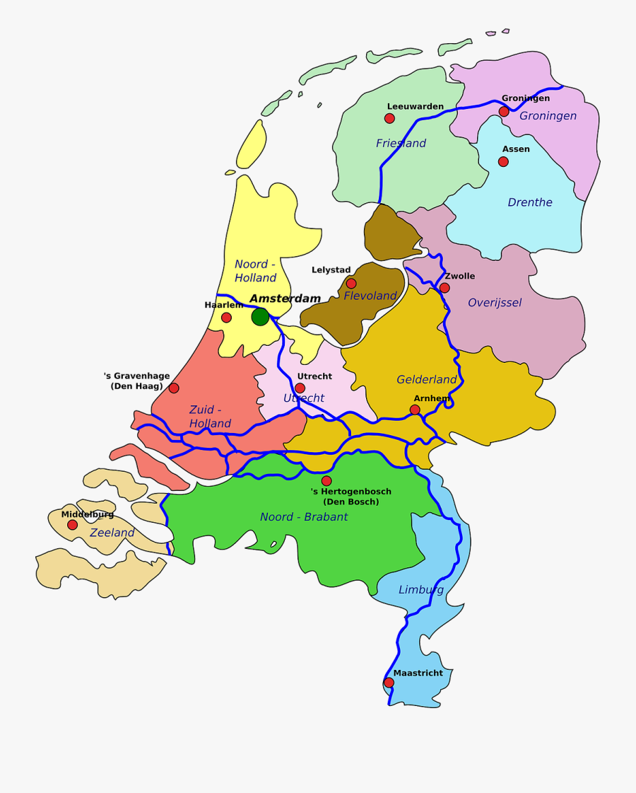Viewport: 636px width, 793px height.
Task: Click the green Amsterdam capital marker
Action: (260, 317)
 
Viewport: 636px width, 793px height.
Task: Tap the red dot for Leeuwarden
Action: (389, 118)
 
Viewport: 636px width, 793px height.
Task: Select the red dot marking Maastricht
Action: (389, 683)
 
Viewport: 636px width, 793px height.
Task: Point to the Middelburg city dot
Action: (72, 525)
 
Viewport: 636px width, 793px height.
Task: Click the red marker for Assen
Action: (503, 161)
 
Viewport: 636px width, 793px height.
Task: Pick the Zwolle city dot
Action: (444, 288)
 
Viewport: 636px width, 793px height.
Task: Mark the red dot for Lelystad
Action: (351, 283)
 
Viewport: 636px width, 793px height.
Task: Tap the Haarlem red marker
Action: (226, 318)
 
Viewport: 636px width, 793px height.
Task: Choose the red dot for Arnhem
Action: (415, 410)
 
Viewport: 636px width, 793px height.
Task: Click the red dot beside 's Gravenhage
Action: (174, 388)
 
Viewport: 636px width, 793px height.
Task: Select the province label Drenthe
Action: (530, 202)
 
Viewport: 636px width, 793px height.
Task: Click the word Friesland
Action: (401, 144)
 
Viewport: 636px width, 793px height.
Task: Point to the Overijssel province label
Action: (495, 303)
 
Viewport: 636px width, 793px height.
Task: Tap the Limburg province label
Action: (421, 589)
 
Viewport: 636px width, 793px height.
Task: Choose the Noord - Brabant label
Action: (304, 517)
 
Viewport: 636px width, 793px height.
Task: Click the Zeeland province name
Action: (112, 533)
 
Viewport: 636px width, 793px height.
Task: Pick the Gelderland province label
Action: (427, 380)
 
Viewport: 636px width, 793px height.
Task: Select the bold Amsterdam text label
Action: (285, 299)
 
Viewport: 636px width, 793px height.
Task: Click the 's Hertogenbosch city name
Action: (351, 492)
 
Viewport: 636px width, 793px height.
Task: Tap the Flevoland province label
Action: (370, 296)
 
